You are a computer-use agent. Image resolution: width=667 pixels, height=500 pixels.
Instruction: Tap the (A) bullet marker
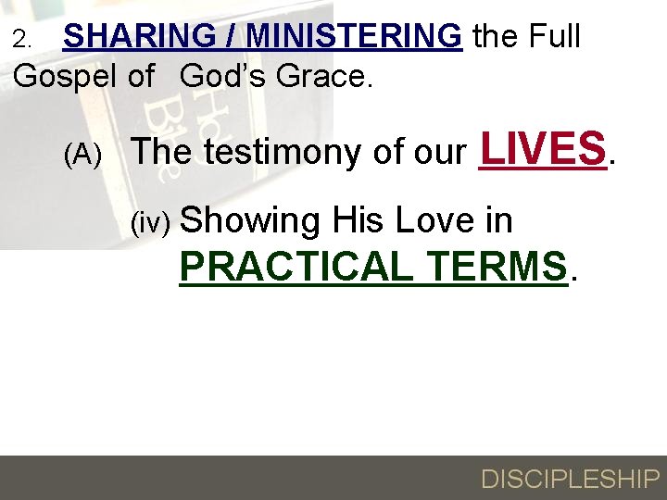[x=82, y=156]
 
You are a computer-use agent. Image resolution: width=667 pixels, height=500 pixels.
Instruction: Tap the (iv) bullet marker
[x=150, y=223]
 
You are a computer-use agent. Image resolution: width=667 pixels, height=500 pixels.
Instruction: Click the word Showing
[x=250, y=221]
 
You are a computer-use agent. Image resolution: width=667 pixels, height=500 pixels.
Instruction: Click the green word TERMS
[x=497, y=267]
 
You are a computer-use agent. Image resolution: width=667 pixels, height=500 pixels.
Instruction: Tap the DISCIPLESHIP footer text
[x=569, y=479]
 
